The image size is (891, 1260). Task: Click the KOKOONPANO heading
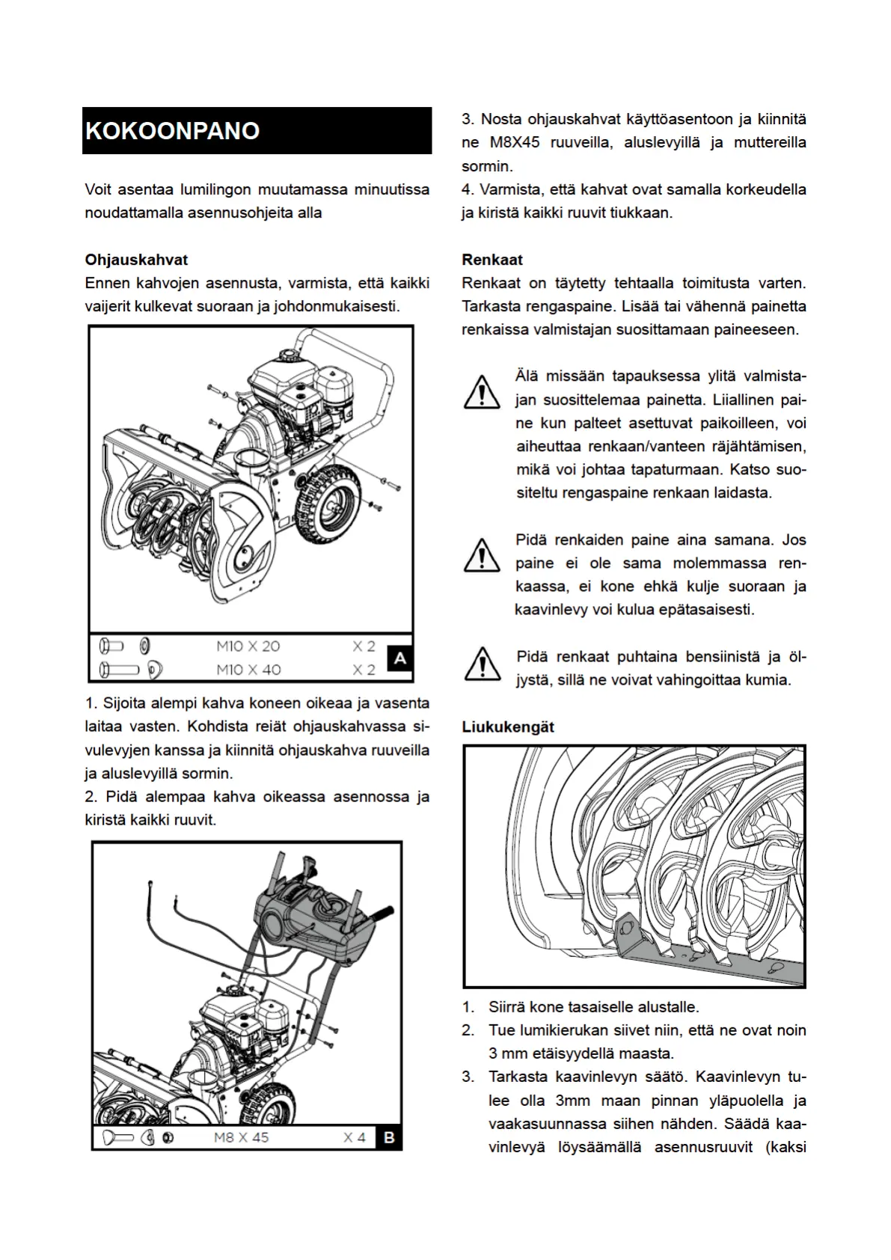click(173, 131)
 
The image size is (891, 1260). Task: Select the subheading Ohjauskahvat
click(136, 260)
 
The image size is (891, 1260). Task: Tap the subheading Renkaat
click(492, 260)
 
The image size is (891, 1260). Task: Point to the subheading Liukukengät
click(508, 727)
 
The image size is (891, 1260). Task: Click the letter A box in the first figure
click(400, 658)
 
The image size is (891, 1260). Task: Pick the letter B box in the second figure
click(389, 1137)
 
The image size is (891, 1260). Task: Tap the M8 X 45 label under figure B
click(241, 1137)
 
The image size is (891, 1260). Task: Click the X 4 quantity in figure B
click(355, 1137)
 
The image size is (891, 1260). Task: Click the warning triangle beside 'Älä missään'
click(482, 392)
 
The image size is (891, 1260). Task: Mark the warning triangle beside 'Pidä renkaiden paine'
click(482, 556)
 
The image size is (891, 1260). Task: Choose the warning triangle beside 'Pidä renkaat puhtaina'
click(483, 664)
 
